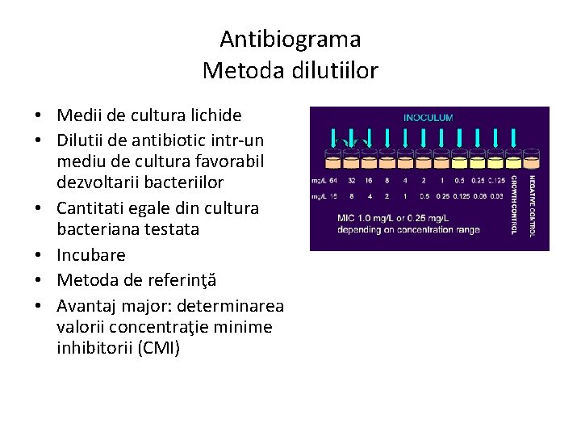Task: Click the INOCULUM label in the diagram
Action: [428, 117]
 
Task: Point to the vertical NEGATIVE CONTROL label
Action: [533, 205]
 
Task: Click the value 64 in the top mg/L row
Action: [334, 180]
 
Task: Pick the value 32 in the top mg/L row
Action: [352, 180]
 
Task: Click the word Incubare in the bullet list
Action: [91, 255]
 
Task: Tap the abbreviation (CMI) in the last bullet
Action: [159, 349]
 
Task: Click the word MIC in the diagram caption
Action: [347, 217]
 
